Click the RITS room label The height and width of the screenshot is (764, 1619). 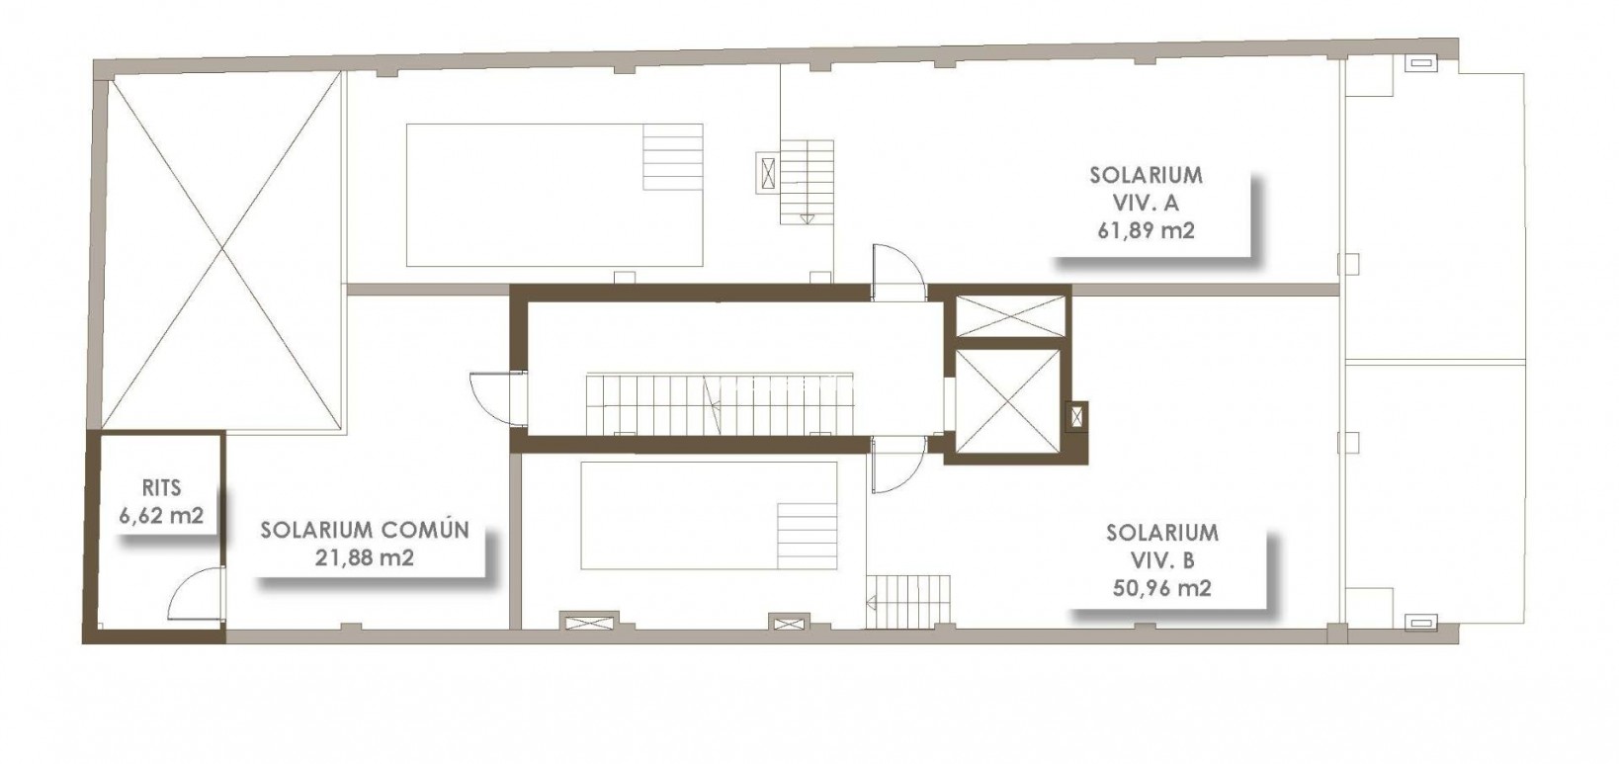point(161,488)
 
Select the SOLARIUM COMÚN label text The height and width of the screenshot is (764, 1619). point(364,530)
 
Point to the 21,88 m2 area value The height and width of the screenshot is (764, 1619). point(364,557)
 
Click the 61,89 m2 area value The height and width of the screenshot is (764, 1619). point(1146,230)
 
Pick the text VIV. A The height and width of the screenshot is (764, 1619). point(1146,203)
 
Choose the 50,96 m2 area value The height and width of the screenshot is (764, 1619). point(1161,588)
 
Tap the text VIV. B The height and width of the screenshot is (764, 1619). point(1161,560)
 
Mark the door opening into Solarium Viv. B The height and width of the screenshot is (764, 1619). point(897,465)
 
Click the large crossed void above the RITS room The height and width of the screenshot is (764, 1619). point(223,251)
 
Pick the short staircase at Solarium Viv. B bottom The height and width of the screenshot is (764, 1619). point(908,601)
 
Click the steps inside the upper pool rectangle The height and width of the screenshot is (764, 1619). point(673,157)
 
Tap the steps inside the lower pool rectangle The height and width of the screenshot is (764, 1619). point(807,535)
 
